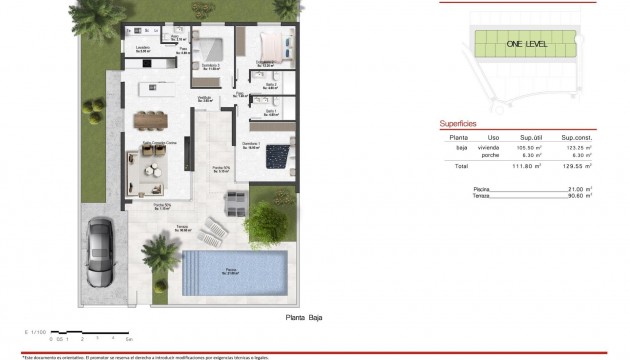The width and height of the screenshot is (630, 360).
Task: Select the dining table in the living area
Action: [152, 119]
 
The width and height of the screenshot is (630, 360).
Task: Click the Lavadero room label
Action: [144, 48]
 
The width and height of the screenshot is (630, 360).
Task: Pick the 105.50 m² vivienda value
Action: [529, 147]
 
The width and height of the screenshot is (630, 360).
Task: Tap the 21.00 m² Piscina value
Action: [581, 187]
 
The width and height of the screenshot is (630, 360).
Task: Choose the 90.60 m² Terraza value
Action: [581, 195]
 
